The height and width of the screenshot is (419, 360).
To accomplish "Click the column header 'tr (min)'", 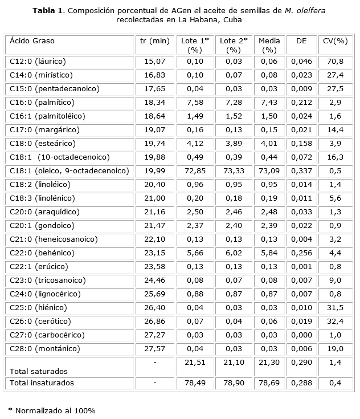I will point(154,41).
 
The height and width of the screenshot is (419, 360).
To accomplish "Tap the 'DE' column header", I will point(301,41).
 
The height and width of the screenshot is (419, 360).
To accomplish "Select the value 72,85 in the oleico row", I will point(195,171).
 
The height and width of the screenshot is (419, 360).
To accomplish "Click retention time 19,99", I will point(154,171).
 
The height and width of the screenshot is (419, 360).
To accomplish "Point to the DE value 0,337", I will point(301,171).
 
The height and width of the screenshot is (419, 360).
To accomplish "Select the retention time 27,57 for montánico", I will point(154,349).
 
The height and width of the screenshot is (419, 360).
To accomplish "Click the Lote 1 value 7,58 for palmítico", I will point(195,103).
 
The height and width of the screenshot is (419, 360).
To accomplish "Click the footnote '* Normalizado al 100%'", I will point(52,410).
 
